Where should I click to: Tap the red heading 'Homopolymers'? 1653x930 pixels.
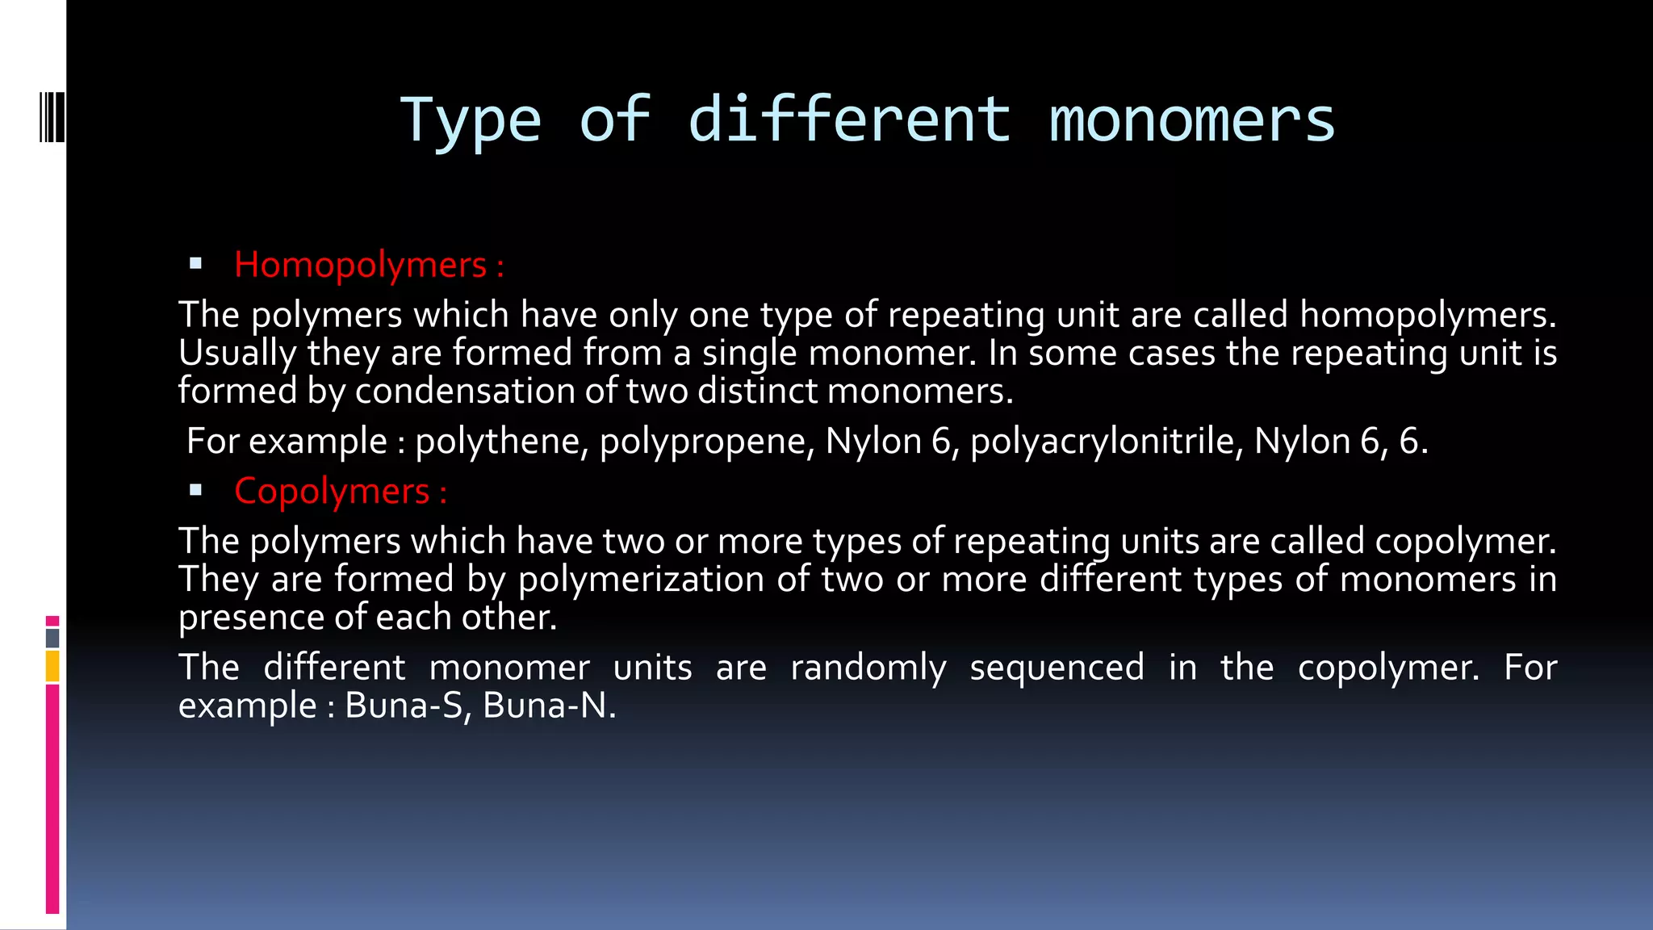click(360, 265)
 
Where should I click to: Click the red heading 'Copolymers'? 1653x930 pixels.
click(332, 491)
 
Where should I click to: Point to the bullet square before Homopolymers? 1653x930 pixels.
click(195, 263)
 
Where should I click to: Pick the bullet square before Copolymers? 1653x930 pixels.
click(195, 489)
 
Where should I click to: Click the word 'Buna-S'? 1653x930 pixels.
click(407, 705)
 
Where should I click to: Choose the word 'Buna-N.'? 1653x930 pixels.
click(549, 705)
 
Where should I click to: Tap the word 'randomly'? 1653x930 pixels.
click(868, 668)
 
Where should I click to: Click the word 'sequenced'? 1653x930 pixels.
click(1057, 668)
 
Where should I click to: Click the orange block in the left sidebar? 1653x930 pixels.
click(52, 667)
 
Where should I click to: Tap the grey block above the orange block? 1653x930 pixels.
click(52, 638)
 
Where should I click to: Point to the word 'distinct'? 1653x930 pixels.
click(757, 391)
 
